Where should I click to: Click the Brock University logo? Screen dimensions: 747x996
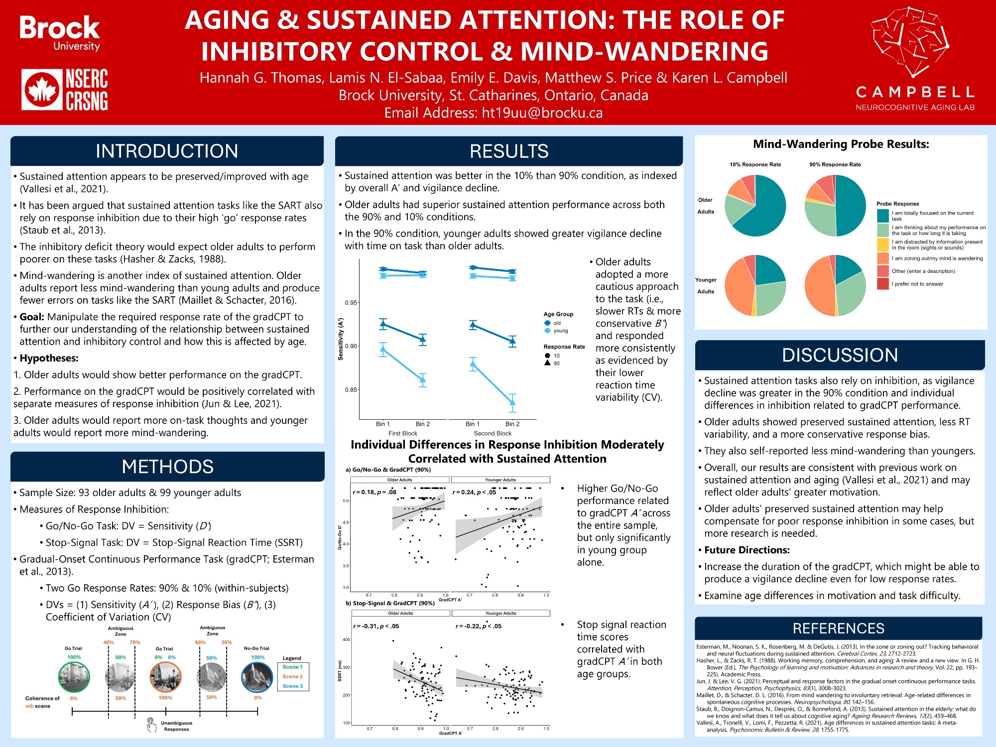[60, 33]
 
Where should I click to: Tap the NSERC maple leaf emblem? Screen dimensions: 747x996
[42, 90]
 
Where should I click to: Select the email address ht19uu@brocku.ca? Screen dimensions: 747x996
[542, 113]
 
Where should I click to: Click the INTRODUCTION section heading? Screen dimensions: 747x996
[167, 151]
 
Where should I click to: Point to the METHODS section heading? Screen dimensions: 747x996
[167, 467]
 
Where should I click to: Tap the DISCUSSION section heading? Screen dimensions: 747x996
[840, 355]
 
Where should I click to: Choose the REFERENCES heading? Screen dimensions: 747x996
[838, 628]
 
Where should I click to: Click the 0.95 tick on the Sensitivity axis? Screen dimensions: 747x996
[351, 303]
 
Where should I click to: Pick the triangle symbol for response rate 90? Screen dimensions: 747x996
[548, 363]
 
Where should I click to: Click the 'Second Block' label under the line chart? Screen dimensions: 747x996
[492, 433]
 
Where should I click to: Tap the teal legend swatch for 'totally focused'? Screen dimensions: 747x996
[883, 216]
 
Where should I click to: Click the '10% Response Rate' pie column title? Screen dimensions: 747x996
[755, 164]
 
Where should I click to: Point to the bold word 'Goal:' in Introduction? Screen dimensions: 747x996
[32, 317]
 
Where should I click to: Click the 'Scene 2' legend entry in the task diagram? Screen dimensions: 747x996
[292, 676]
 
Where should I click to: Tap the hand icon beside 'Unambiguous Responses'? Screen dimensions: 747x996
[151, 725]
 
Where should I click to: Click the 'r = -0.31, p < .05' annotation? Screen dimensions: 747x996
[376, 626]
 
